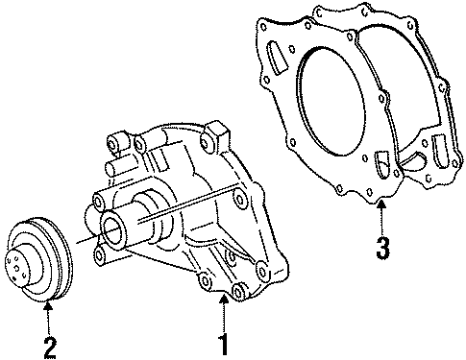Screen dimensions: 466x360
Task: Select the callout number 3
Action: click(x=382, y=248)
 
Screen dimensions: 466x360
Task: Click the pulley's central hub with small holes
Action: click(x=20, y=261)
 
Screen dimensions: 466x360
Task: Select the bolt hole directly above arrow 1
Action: click(x=203, y=281)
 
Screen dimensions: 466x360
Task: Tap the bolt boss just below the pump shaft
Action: click(x=100, y=255)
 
